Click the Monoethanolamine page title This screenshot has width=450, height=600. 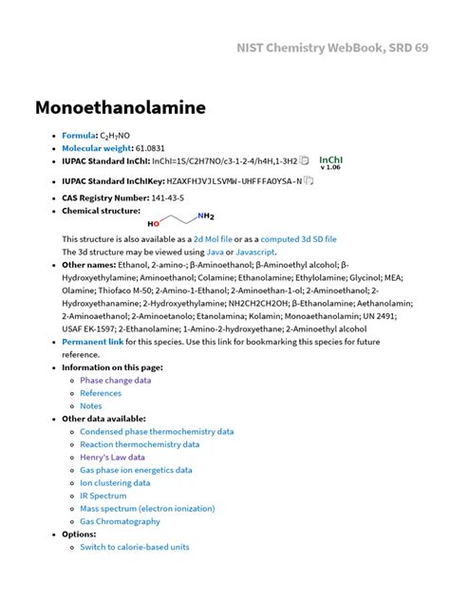click(121, 107)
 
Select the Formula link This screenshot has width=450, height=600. click(79, 136)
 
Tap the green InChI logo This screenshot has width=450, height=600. click(330, 162)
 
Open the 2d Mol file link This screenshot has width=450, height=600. click(213, 239)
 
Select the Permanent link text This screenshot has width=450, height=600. click(92, 341)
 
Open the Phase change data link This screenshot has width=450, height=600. click(115, 380)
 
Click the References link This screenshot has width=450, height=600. click(101, 393)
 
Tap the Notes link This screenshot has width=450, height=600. click(91, 405)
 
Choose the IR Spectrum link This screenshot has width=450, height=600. click(103, 496)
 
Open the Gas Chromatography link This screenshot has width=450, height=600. click(120, 521)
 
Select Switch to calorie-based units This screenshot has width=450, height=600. click(134, 547)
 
